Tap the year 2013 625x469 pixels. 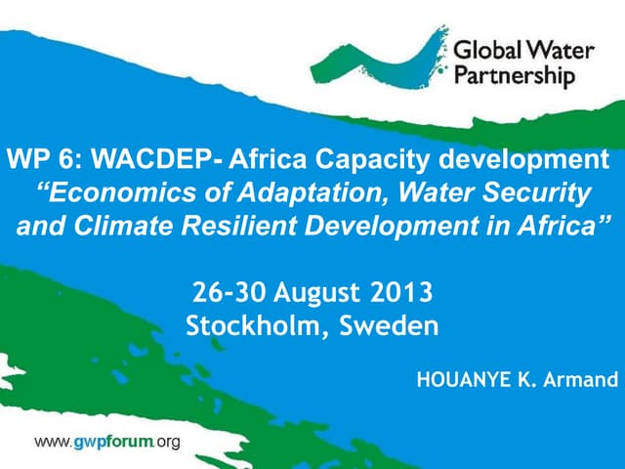point(400,292)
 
